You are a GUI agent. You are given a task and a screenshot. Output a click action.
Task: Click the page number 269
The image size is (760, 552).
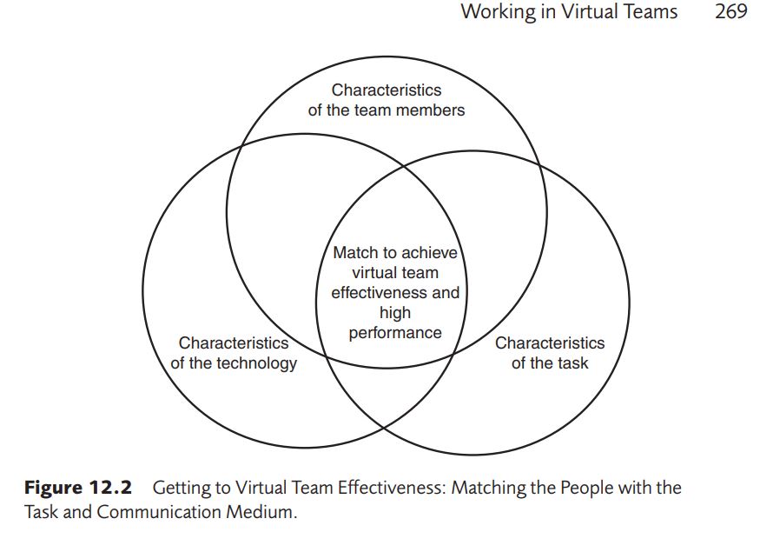coord(730,12)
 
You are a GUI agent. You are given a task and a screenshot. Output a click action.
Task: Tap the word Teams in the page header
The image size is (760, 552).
coord(647,12)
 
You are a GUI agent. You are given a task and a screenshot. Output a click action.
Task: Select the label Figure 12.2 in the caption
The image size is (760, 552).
coord(77,488)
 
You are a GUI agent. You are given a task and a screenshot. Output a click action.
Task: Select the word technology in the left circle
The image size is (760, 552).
coord(257,362)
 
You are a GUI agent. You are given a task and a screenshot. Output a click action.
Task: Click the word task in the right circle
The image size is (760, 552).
coord(572,362)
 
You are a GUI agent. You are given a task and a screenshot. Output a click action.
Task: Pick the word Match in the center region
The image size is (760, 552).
coord(355,252)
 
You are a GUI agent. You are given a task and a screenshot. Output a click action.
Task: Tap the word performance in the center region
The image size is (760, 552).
coord(395,332)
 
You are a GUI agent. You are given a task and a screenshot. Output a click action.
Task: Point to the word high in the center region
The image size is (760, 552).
coord(395,312)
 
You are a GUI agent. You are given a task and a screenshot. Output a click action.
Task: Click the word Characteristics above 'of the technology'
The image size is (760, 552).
coord(234,343)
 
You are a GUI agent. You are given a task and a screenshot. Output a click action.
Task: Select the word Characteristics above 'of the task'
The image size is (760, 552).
coord(550,343)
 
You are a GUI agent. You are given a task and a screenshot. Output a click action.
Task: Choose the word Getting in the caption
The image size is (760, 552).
coord(182,488)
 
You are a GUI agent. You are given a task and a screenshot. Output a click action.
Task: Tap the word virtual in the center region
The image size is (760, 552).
coord(373,272)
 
